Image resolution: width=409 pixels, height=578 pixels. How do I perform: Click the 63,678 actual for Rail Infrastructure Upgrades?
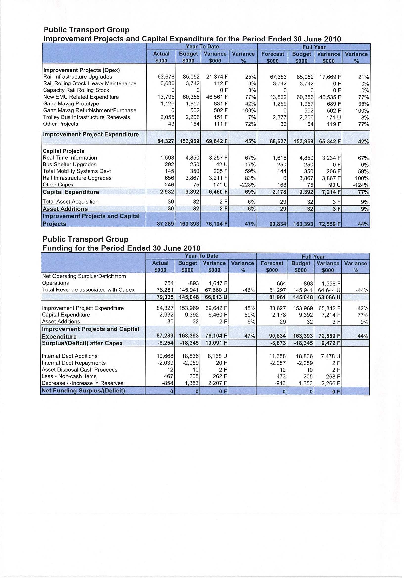pos(166,77)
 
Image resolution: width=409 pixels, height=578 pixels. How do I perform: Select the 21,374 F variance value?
pos(217,77)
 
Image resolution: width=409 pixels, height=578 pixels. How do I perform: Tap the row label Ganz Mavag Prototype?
pos(71,104)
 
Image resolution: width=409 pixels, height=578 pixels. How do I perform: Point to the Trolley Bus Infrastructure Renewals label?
pos(87,117)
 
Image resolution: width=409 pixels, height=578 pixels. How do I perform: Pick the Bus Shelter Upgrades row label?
pos(69,165)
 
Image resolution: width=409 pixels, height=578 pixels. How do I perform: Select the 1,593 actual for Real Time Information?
pos(167,158)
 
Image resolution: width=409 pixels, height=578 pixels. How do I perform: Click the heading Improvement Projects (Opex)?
pos(81,70)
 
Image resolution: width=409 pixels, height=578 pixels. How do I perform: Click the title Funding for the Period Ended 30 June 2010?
pos(121,248)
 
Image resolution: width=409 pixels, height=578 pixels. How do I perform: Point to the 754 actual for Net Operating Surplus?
pos(169,283)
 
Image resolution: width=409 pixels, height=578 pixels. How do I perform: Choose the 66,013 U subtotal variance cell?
pos(216,297)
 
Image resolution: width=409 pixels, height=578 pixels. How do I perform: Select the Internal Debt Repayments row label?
pos(74,363)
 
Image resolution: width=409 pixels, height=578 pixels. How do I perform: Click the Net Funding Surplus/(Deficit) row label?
pos(83,391)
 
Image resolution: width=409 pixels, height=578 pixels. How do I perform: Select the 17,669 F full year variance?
pos(330,77)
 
